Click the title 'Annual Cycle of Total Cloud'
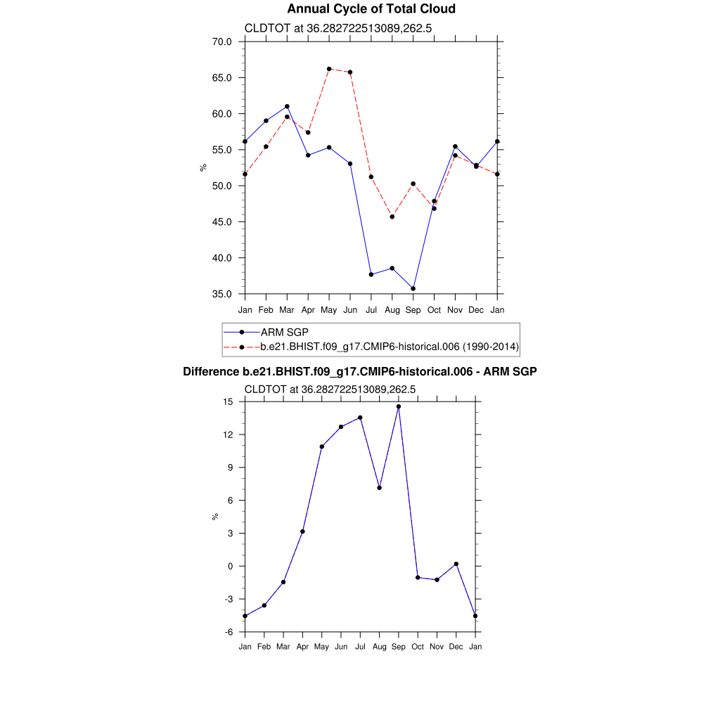pos(371,9)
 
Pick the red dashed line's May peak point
pos(329,69)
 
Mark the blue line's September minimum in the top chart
pos(413,288)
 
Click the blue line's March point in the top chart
pos(287,106)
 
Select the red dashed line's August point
pos(392,217)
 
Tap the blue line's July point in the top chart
pos(371,274)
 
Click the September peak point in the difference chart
pos(399,406)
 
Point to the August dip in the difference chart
pos(380,487)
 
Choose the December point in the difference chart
pos(456,564)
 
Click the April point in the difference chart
pos(302,531)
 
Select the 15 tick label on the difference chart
pos(228,401)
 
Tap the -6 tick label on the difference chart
pos(229,632)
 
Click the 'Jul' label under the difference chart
pos(360,646)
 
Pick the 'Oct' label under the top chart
pos(434,309)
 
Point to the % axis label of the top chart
pos(203,167)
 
